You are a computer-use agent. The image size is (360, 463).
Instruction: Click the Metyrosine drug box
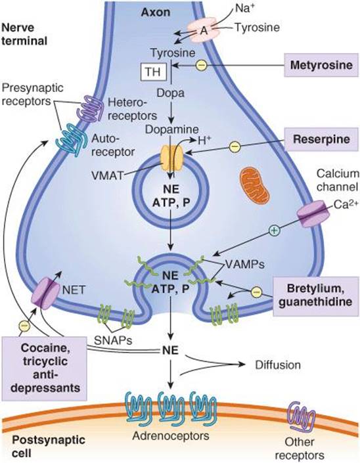coord(321,65)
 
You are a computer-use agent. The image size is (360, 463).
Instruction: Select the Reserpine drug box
coord(321,139)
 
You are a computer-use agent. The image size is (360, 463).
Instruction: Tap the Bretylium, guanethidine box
coord(316,296)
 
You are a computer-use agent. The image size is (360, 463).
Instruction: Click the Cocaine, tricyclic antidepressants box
coord(44,368)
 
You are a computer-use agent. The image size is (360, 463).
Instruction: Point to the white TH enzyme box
coord(154,72)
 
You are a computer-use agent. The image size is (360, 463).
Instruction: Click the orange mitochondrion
coord(255,185)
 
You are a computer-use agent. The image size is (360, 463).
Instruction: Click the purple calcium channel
coord(313,214)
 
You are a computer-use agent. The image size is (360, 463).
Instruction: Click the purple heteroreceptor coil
coord(90,108)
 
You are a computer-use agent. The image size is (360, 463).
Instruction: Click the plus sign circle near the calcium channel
coord(274,230)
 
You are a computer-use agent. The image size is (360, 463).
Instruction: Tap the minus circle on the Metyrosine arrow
coord(202,65)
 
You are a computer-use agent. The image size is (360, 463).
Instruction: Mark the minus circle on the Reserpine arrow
coord(235,146)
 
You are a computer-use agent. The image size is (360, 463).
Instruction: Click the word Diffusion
coord(278,365)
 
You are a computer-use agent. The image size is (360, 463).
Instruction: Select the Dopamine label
coord(171,129)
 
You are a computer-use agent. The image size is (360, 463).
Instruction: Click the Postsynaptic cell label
coord(49,447)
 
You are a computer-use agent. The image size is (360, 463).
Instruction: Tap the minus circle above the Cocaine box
coord(24,326)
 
